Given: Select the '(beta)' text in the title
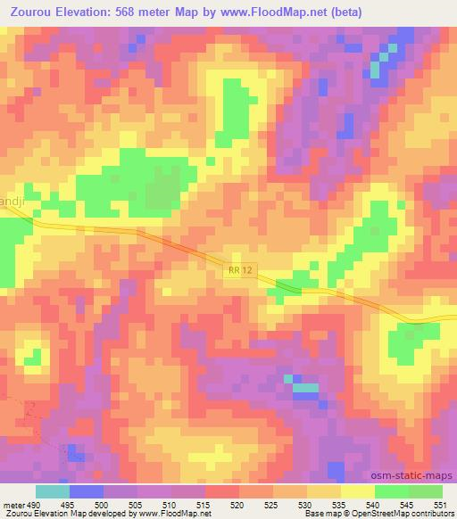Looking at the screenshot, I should (380, 12).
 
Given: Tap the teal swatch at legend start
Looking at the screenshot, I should (52, 491).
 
